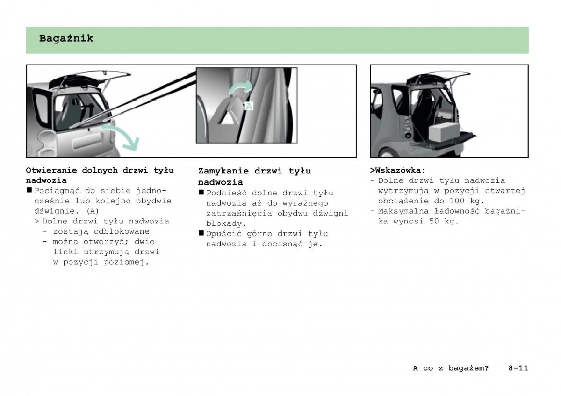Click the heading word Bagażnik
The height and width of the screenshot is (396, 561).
pos(66,39)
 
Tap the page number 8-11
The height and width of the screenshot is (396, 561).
pos(518,368)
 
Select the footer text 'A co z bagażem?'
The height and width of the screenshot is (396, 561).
pos(451,368)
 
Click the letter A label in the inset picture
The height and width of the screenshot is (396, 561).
pos(249,106)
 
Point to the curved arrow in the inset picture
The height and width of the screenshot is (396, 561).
pos(241,87)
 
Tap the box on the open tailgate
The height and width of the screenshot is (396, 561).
pos(444,132)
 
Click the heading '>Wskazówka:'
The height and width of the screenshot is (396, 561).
pos(398,170)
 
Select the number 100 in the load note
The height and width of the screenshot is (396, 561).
pos(457,201)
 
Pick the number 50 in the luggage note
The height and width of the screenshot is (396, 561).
pos(434,221)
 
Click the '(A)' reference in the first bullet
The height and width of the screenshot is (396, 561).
pos(93,211)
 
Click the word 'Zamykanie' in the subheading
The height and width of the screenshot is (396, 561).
pos(223,171)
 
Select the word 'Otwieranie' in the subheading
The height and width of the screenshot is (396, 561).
pos(51,170)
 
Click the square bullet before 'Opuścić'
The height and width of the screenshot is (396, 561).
pos(201,233)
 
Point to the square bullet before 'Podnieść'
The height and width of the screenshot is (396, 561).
pos(201,192)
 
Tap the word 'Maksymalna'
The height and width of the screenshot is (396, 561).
pos(403,211)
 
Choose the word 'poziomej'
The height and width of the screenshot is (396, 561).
pos(124,262)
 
